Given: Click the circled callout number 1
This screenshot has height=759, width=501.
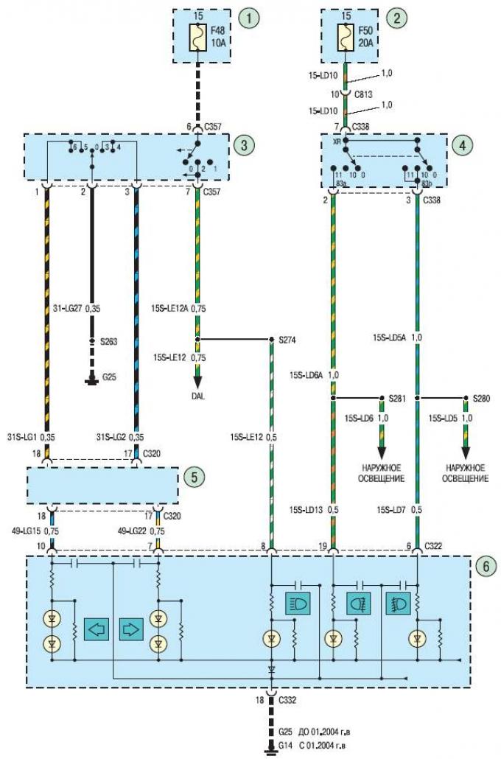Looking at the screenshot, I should pyautogui.click(x=253, y=18).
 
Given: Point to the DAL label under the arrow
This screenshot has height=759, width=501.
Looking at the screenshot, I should pyautogui.click(x=197, y=396).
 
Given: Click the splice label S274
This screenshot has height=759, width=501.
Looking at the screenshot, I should pyautogui.click(x=285, y=340).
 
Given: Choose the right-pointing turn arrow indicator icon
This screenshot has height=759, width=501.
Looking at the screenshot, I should pyautogui.click(x=130, y=630).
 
